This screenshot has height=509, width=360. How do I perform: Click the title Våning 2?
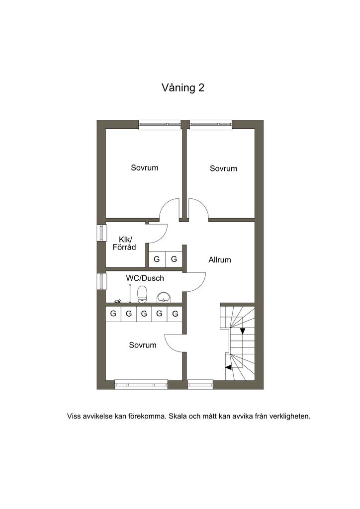tap(183, 88)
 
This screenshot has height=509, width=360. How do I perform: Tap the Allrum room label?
tap(220, 259)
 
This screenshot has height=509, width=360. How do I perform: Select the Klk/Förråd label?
tap(124, 244)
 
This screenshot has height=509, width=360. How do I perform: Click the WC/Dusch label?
tap(145, 278)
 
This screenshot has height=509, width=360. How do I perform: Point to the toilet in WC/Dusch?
tap(142, 294)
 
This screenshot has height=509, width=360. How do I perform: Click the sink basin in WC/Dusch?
tap(164, 297)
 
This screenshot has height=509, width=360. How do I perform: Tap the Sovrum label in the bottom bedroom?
tap(143, 345)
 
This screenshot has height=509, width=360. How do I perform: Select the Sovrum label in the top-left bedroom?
tap(145, 168)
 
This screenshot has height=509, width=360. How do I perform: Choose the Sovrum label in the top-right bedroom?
tap(223, 168)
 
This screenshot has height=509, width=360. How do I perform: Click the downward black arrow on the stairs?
tap(243, 331)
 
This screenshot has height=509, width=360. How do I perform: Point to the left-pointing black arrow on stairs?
tap(229, 367)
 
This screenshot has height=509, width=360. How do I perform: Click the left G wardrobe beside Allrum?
tap(157, 259)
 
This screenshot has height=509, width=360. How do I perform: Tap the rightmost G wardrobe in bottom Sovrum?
tap(176, 314)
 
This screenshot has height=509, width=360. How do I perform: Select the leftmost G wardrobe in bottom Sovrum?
tap(113, 314)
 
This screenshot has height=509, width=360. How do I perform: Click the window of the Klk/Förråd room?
tap(102, 233)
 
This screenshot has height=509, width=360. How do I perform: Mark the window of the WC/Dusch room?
tap(102, 281)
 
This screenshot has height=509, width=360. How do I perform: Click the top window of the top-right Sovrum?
tap(211, 125)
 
